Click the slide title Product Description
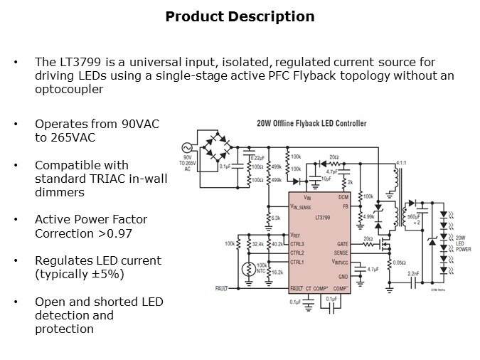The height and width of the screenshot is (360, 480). click(240, 16)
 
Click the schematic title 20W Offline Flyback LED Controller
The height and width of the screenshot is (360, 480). click(311, 123)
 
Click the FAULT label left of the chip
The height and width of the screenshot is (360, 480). click(221, 288)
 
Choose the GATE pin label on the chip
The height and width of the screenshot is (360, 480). click(342, 243)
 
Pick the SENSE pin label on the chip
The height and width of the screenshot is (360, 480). click(341, 253)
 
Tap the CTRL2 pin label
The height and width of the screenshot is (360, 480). click(297, 253)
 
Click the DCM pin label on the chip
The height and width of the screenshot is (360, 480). click(343, 196)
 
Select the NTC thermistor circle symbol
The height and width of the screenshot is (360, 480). click(247, 269)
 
